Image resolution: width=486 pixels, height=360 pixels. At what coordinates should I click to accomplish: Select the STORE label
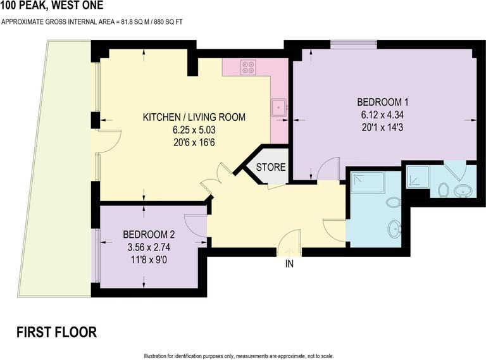click(271, 168)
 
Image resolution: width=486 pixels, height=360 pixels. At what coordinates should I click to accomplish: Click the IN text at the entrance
click(289, 264)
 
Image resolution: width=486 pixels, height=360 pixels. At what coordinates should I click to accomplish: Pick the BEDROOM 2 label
click(149, 232)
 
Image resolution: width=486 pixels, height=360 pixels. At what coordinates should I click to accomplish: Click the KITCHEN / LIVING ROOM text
click(194, 118)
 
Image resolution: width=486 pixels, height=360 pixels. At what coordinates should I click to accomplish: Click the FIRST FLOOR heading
click(56, 332)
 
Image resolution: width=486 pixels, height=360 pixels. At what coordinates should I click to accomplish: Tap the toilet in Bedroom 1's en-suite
click(443, 189)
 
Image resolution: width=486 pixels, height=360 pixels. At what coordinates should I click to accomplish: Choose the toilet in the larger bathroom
click(394, 202)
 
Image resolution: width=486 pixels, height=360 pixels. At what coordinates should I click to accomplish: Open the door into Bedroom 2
click(196, 226)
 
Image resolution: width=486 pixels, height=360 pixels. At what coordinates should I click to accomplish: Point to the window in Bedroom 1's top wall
click(354, 44)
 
